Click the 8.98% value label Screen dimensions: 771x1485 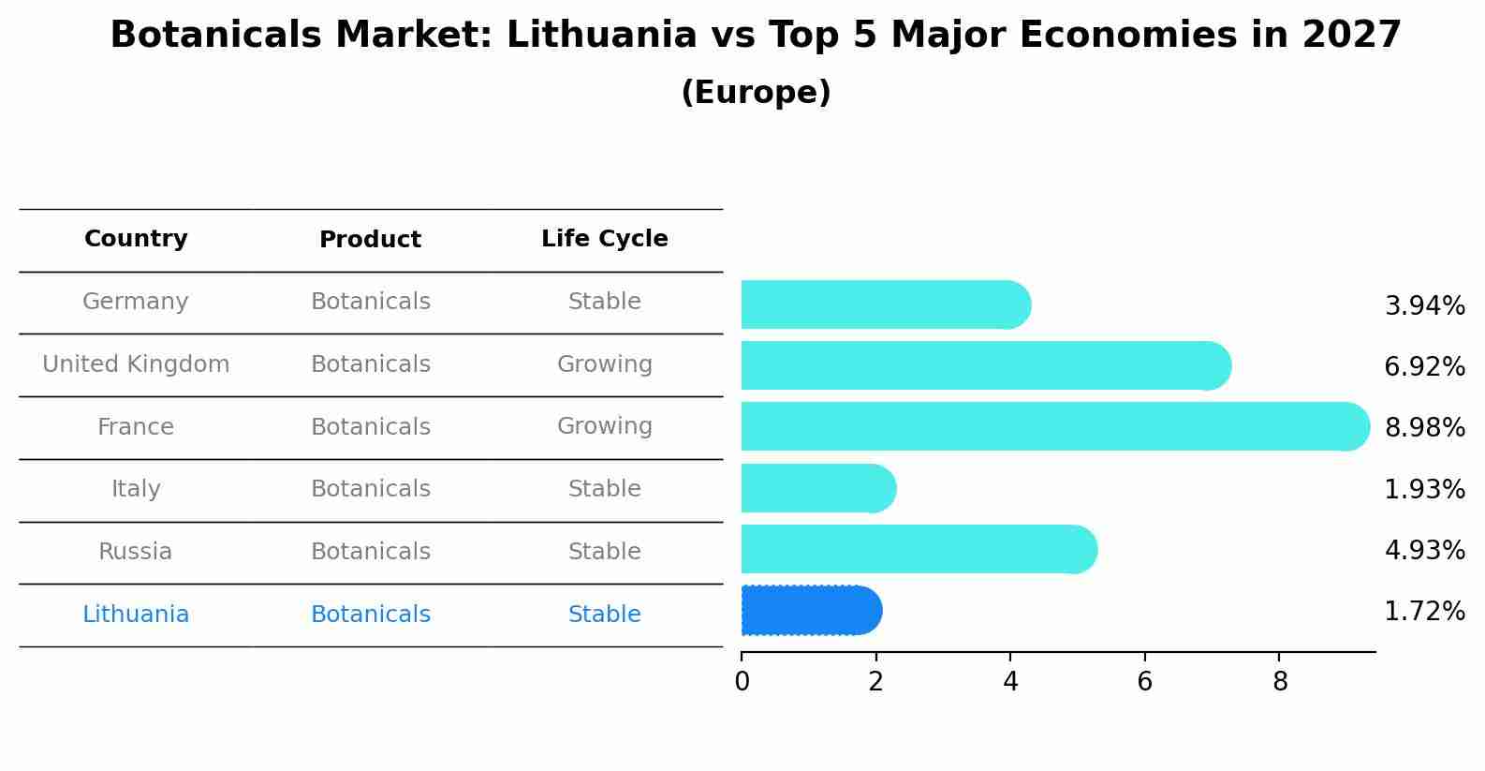coord(1424,428)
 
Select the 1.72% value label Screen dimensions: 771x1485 coord(1424,612)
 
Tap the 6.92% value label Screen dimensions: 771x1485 coord(1424,367)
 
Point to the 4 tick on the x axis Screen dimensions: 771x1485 coord(1010,682)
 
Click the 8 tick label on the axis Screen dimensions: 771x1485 coord(1280,682)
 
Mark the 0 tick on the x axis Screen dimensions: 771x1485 coord(742,682)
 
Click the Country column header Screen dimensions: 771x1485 coord(136,239)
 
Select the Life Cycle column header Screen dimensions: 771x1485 coord(604,239)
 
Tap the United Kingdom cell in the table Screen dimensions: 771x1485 coord(136,364)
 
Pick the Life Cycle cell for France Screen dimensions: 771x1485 coord(604,426)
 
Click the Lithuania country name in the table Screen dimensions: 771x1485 coord(136,615)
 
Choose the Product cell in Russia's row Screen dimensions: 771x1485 coord(371,552)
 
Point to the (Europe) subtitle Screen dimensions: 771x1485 coord(756,93)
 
